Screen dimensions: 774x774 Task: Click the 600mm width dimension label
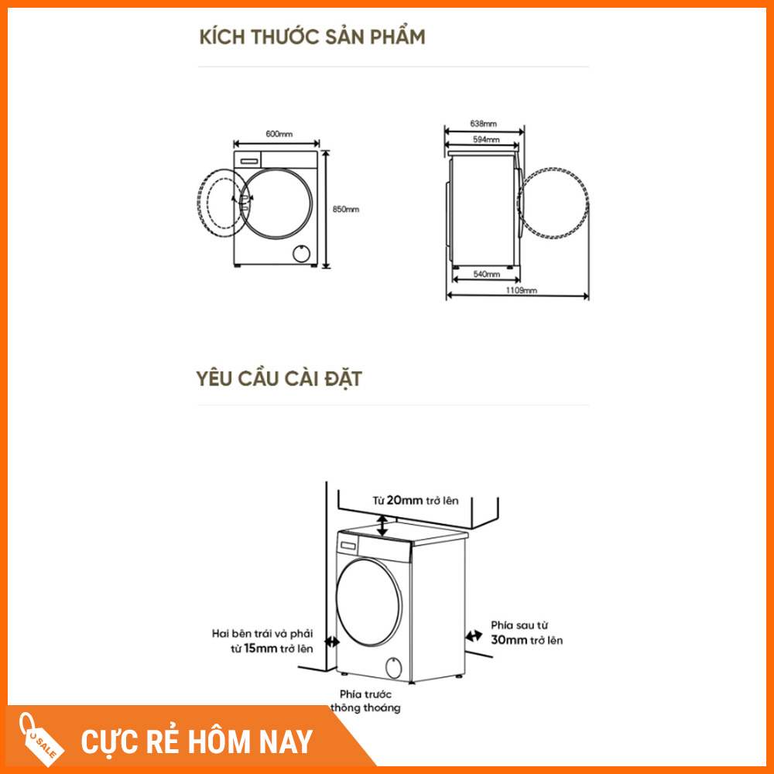(279, 134)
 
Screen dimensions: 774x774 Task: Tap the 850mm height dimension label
(345, 209)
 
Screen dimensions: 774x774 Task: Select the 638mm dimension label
(483, 123)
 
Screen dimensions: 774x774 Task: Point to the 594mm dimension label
(486, 139)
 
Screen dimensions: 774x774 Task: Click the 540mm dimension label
(486, 274)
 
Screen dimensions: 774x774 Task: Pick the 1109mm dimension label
(521, 290)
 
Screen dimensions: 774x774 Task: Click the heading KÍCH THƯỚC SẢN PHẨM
(312, 37)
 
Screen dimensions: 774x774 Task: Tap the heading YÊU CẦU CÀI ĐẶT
(279, 379)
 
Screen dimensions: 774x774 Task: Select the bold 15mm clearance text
(260, 648)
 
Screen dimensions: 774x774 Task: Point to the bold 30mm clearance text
(509, 640)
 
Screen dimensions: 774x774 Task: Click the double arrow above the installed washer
(382, 526)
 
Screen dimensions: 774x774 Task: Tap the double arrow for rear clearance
(474, 635)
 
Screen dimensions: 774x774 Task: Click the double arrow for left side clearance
(332, 642)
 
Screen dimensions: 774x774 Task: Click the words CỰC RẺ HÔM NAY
(197, 741)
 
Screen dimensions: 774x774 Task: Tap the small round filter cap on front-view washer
(301, 253)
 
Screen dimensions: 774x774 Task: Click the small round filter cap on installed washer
(393, 667)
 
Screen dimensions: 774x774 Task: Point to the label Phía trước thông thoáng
(365, 701)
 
